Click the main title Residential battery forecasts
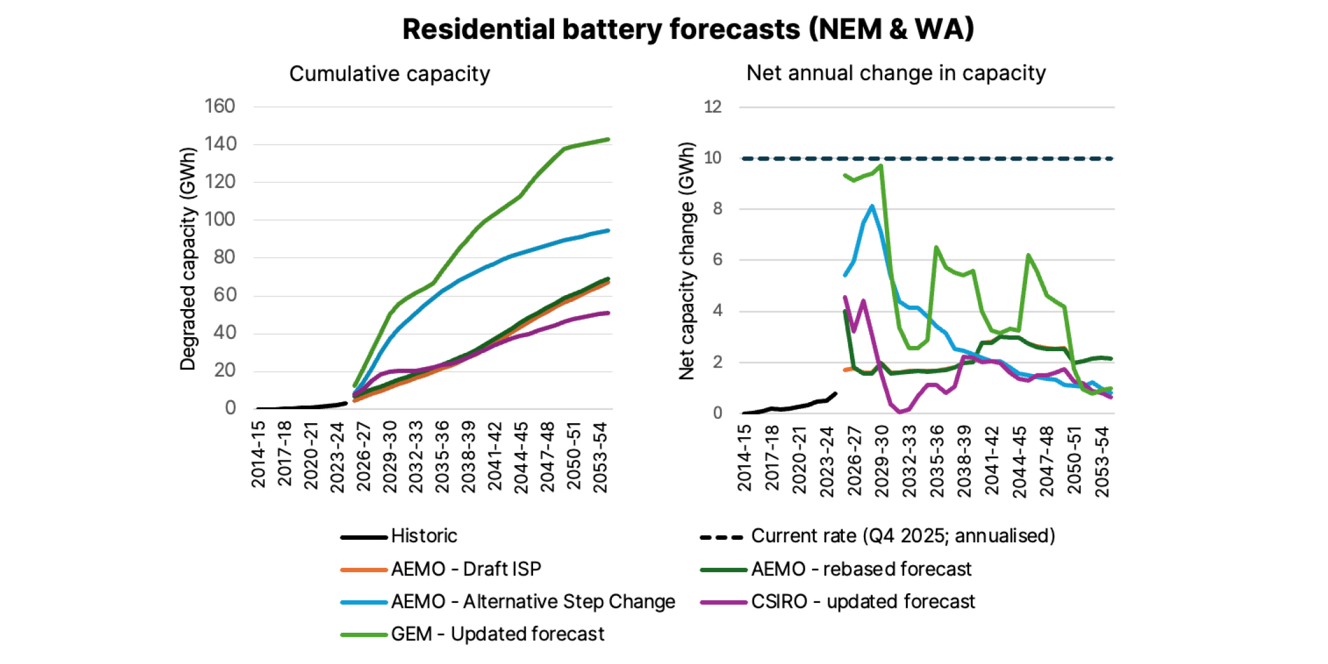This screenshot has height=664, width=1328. point(688,29)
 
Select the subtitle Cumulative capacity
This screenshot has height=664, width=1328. point(390,74)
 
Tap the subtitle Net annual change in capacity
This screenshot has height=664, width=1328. point(896,73)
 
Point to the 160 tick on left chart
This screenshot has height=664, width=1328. point(219,106)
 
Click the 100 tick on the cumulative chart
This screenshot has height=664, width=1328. point(219,220)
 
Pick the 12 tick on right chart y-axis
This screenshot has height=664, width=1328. point(712,107)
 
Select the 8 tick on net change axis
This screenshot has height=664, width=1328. point(717,209)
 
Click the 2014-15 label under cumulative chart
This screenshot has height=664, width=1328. point(258,454)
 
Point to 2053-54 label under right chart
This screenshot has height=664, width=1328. point(1102,461)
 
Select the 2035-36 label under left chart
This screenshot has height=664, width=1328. point(442,456)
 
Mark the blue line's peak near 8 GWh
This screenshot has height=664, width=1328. point(872,206)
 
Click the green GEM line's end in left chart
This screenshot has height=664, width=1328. point(608,140)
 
